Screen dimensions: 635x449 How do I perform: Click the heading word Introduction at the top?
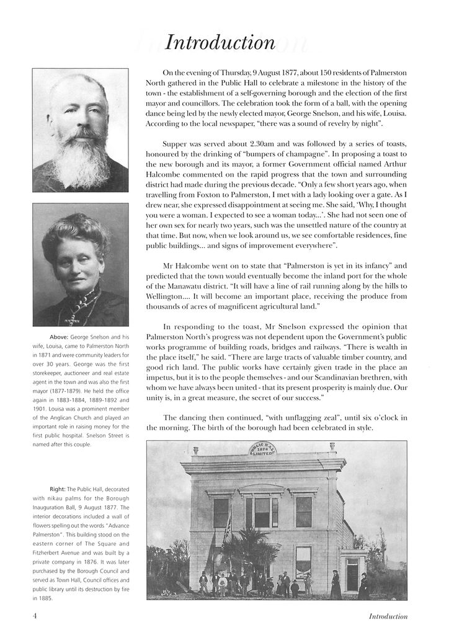pyautogui.click(x=221, y=42)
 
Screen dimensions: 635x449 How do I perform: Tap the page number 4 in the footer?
pyautogui.click(x=35, y=616)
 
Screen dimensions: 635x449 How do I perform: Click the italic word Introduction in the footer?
pyautogui.click(x=388, y=616)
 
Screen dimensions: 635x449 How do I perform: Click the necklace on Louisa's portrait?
pyautogui.click(x=78, y=308)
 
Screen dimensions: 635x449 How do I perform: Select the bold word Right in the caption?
pyautogui.click(x=57, y=489)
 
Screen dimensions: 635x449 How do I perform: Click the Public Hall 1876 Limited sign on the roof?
pyautogui.click(x=264, y=448)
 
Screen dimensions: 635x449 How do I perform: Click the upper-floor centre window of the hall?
pyautogui.click(x=262, y=512)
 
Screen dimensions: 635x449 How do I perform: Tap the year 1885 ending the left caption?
pyautogui.click(x=45, y=599)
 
